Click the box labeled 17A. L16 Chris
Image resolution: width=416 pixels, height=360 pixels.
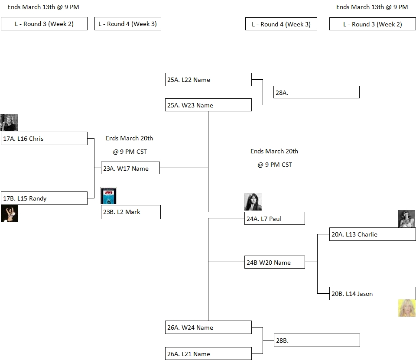tap(44, 139)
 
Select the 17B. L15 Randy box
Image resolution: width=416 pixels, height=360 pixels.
tap(44, 198)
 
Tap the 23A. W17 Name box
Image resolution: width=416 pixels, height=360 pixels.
tap(130, 168)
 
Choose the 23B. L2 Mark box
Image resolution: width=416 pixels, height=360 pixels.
tap(130, 212)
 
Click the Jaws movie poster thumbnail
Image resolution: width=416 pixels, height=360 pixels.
tap(109, 196)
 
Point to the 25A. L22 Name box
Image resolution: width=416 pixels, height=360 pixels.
tap(208, 80)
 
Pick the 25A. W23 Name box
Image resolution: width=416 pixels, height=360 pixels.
tap(208, 105)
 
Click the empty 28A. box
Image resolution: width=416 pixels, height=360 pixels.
tap(316, 92)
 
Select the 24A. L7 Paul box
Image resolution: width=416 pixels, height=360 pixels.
tap(275, 219)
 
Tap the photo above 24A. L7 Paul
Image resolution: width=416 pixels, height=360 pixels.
tap(253, 202)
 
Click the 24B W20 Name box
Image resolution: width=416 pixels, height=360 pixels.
tap(275, 263)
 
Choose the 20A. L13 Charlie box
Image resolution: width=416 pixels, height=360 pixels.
tap(372, 234)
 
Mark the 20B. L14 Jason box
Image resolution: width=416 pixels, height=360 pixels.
tap(372, 294)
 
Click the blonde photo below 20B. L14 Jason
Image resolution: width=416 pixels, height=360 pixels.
tap(407, 308)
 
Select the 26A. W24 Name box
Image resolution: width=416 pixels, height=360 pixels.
tap(208, 328)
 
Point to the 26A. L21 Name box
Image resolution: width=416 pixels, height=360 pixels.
tap(208, 354)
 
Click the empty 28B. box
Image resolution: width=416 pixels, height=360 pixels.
tap(317, 341)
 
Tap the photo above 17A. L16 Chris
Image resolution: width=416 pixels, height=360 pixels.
tap(9, 123)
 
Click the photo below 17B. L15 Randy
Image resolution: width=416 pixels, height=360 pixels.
tap(10, 214)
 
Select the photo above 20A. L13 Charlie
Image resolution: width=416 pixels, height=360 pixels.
tap(406, 219)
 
